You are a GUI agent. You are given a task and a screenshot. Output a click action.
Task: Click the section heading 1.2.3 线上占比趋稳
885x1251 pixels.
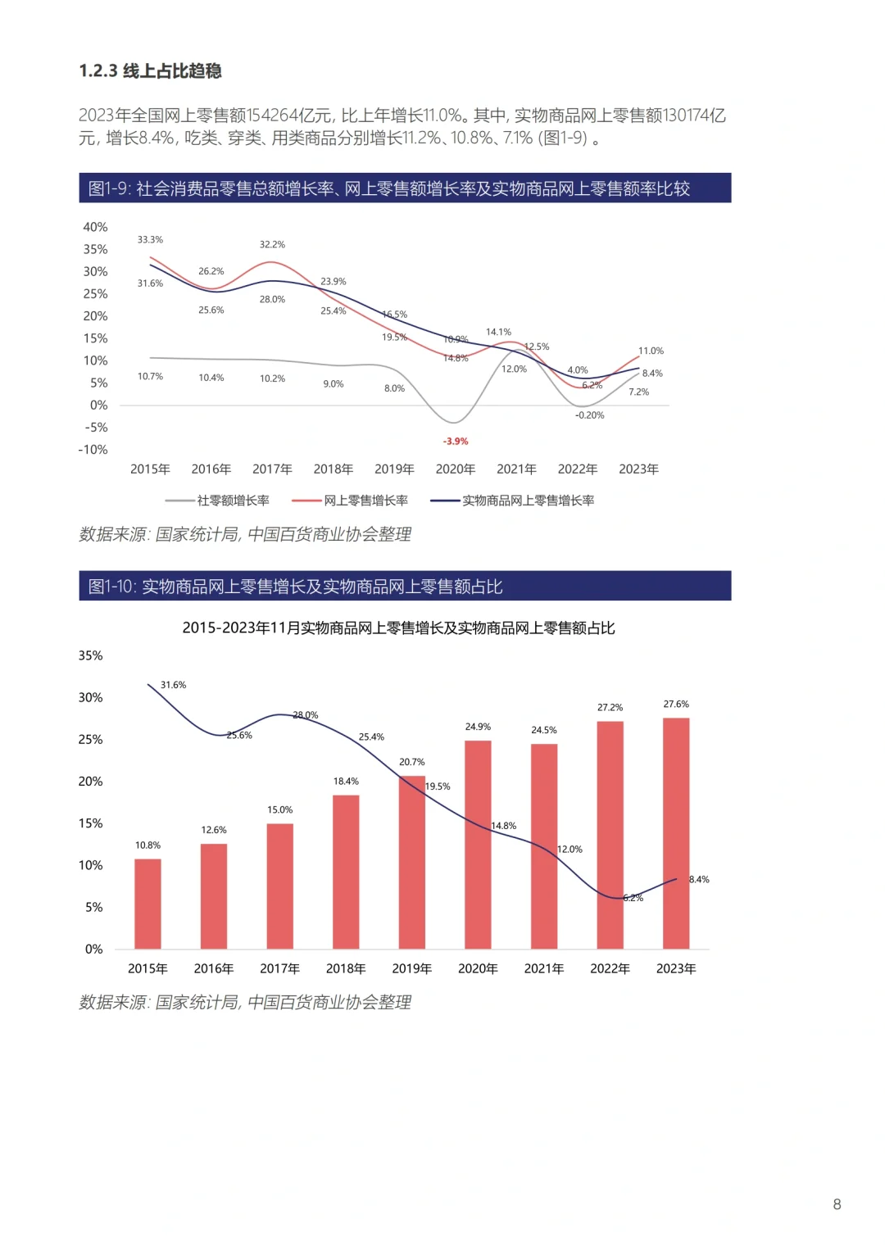pyautogui.click(x=150, y=71)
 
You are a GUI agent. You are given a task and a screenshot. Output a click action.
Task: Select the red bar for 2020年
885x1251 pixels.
pyautogui.click(x=478, y=844)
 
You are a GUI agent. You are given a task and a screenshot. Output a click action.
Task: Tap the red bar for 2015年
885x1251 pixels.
pyautogui.click(x=147, y=904)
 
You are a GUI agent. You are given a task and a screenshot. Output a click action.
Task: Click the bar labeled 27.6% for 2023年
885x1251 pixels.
pyautogui.click(x=676, y=833)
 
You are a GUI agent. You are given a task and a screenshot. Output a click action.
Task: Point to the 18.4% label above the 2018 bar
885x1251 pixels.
pyautogui.click(x=346, y=782)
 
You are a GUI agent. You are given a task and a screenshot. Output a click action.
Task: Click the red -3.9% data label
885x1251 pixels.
pyautogui.click(x=456, y=442)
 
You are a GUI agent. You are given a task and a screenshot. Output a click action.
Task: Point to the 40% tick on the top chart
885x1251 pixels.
pyautogui.click(x=95, y=227)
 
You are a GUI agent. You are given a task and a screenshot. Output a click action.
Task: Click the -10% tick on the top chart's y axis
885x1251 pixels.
pyautogui.click(x=93, y=450)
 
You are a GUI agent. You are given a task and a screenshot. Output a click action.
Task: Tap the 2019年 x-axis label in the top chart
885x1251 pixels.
pyautogui.click(x=394, y=469)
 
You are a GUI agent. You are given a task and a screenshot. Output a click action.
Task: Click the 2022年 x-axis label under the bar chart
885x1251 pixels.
pyautogui.click(x=610, y=968)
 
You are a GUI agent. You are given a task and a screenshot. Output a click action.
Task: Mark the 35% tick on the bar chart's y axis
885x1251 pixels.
pyautogui.click(x=90, y=655)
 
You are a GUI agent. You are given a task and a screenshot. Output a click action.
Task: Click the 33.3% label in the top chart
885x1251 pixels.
pyautogui.click(x=150, y=240)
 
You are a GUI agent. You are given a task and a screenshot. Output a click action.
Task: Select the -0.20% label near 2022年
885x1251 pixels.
pyautogui.click(x=589, y=415)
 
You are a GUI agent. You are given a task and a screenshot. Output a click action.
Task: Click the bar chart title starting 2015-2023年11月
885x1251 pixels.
pyautogui.click(x=398, y=628)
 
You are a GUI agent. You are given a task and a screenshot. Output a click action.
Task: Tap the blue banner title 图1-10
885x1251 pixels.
pyautogui.click(x=295, y=587)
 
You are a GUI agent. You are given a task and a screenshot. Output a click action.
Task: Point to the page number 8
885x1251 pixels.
pyautogui.click(x=837, y=1204)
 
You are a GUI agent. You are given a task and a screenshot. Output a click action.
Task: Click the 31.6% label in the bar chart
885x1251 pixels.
pyautogui.click(x=173, y=685)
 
